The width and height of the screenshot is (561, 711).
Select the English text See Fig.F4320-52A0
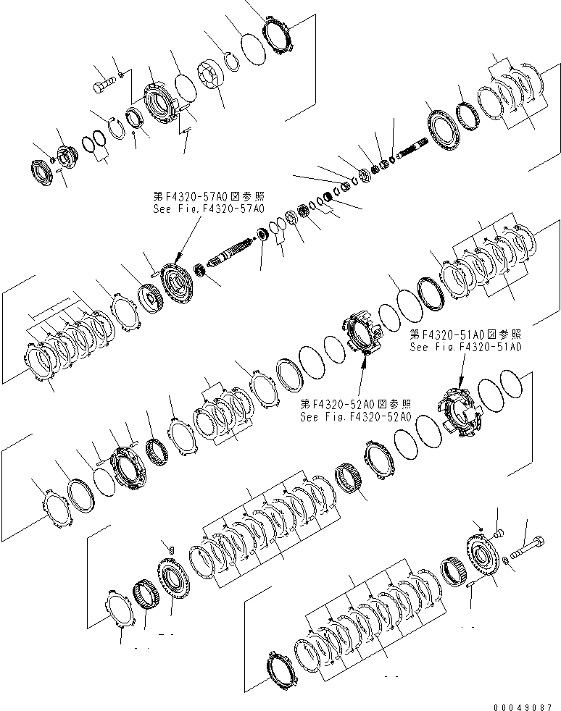point(356,417)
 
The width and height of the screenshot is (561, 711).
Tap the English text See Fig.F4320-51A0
point(465,347)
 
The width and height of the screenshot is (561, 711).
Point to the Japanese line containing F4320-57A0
point(209,195)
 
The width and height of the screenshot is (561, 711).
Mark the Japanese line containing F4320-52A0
point(356,405)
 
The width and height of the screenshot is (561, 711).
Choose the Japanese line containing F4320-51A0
point(465,335)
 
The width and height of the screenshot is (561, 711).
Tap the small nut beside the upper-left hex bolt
point(121,74)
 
